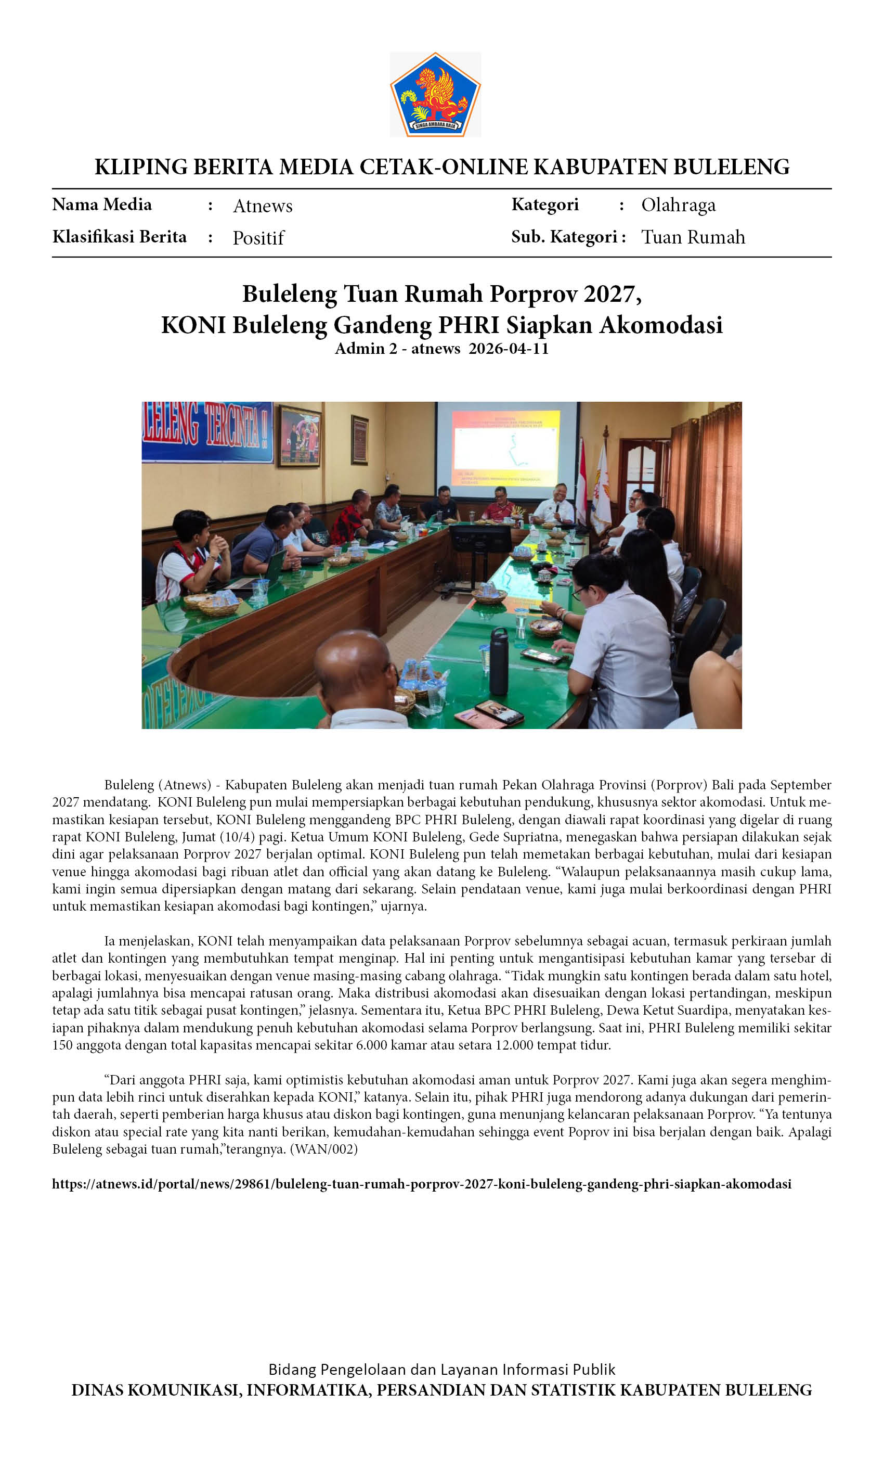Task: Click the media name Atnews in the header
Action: pos(263,206)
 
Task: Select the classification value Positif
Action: pos(258,238)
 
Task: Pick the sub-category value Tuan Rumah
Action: pos(693,237)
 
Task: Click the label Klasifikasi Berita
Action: pos(120,237)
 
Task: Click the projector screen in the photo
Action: pos(506,446)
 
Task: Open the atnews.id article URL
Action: pos(421,1184)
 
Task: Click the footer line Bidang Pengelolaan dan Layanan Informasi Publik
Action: pos(441,1370)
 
